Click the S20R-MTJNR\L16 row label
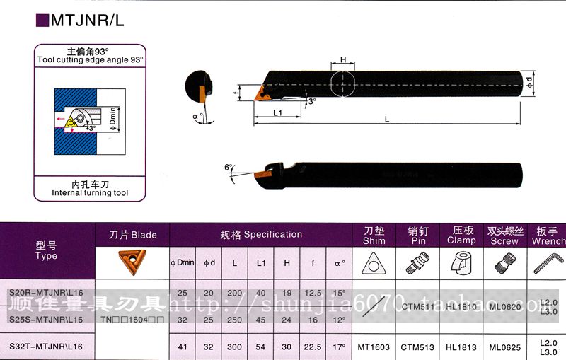click(x=46, y=291)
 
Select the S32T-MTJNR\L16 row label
click(x=46, y=347)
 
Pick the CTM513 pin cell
click(x=417, y=347)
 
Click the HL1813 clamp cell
click(x=461, y=347)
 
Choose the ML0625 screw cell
click(x=504, y=347)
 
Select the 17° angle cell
click(x=340, y=347)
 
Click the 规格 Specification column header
click(x=261, y=234)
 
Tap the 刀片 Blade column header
click(x=132, y=234)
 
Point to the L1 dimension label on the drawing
click(x=278, y=113)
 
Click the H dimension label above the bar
click(x=342, y=60)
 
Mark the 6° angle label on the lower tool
click(x=229, y=167)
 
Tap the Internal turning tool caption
click(x=91, y=192)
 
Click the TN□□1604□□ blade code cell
click(x=132, y=319)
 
